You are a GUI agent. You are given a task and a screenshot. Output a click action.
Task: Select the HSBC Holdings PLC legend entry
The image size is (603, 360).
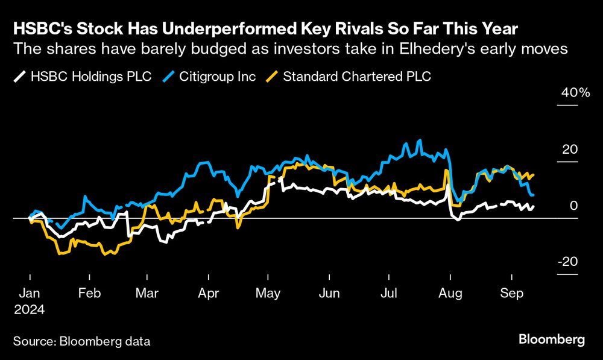coord(82,77)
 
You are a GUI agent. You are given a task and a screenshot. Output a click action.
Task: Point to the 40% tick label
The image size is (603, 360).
coord(576,93)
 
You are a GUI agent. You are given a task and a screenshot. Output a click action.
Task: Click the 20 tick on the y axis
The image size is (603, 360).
coord(570,150)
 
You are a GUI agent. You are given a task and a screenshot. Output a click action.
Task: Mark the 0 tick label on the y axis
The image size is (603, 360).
coord(574,206)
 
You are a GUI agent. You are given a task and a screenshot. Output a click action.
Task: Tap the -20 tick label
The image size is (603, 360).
coord(567,262)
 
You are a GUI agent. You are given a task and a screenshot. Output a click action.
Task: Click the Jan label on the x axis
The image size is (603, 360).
coord(30,293)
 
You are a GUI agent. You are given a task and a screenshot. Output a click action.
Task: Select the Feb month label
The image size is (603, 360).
coord(89,293)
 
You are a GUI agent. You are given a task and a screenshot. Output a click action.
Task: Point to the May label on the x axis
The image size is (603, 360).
coord(269,293)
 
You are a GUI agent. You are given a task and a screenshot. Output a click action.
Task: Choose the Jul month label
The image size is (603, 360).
coord(390,293)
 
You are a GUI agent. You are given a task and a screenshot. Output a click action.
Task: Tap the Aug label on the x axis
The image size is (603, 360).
coord(450,293)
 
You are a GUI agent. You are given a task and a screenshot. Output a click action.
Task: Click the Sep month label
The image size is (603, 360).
coord(511,293)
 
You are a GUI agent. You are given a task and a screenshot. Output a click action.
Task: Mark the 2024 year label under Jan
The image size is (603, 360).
coord(29,309)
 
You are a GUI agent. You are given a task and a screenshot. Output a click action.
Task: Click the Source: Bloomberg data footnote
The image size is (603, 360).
coord(81,341)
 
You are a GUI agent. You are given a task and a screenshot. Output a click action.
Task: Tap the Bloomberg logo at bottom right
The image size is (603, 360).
coord(551,340)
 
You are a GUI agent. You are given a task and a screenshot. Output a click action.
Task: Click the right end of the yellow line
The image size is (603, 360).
coord(534,175)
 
